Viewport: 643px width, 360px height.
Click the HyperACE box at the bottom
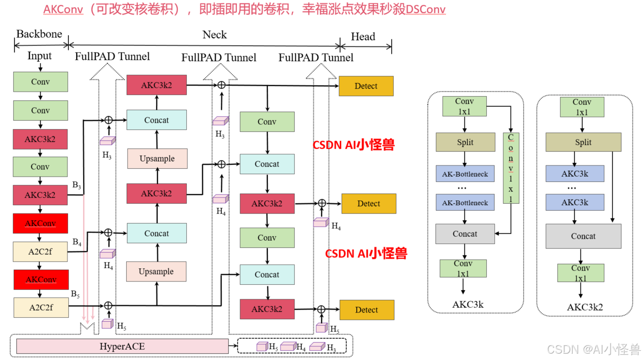(122, 346)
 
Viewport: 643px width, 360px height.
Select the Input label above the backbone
(39, 56)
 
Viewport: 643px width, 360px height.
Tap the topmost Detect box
(366, 86)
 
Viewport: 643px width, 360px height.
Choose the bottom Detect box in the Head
(366, 310)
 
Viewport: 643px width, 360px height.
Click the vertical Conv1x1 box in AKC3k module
(511, 167)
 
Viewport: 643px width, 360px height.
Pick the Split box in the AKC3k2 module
(583, 142)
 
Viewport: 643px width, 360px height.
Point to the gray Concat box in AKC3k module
(465, 234)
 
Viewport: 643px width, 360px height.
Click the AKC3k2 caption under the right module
(585, 307)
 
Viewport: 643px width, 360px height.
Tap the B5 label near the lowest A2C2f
(75, 294)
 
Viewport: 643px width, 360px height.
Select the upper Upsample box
(157, 159)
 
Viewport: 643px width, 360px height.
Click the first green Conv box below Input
(40, 82)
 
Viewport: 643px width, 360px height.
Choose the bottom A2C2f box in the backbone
(41, 307)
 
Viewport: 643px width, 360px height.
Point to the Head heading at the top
(363, 37)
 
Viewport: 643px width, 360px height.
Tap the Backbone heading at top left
(39, 34)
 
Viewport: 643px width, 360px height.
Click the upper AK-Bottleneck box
(465, 174)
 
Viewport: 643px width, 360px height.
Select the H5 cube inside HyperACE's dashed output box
(263, 346)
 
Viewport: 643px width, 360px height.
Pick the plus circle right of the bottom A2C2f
(108, 305)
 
